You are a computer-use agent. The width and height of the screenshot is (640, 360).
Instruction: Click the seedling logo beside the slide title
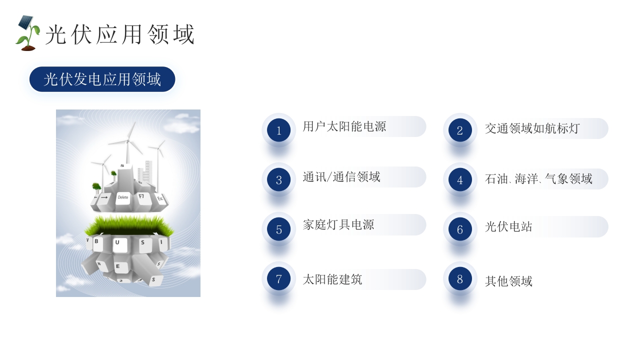point(27,33)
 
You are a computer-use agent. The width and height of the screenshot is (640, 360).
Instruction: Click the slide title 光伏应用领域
point(119,34)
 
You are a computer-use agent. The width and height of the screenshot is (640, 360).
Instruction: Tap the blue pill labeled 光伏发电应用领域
point(102,79)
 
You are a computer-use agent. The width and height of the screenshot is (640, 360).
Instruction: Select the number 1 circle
point(279,130)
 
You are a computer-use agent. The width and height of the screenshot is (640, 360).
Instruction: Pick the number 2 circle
point(460,130)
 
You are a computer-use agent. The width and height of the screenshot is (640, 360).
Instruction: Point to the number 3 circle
point(279,180)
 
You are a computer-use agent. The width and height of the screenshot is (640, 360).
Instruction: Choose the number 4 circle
point(460,180)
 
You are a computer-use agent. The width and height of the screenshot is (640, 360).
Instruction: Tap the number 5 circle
point(279,229)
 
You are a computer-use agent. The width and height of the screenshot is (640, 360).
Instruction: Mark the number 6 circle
point(460,229)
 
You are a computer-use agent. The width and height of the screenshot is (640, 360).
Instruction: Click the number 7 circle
point(279,279)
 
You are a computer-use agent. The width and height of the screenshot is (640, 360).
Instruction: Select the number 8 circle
point(460,279)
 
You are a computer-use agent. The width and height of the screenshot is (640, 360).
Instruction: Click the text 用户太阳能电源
point(344,126)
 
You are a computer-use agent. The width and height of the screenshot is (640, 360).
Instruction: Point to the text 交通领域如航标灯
point(532,128)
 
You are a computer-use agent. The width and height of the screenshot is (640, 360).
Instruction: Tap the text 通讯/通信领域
point(341,177)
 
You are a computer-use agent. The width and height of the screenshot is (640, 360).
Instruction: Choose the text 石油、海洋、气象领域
point(538,179)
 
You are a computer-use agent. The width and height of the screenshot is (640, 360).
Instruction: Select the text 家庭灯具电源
point(338,225)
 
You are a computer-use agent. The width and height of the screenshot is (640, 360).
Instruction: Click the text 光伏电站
point(508,227)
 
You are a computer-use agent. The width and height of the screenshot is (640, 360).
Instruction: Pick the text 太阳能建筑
point(332,279)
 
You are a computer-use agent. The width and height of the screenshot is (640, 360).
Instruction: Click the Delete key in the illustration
point(122,197)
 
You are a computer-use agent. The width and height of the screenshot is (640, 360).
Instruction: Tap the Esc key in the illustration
point(160,198)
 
